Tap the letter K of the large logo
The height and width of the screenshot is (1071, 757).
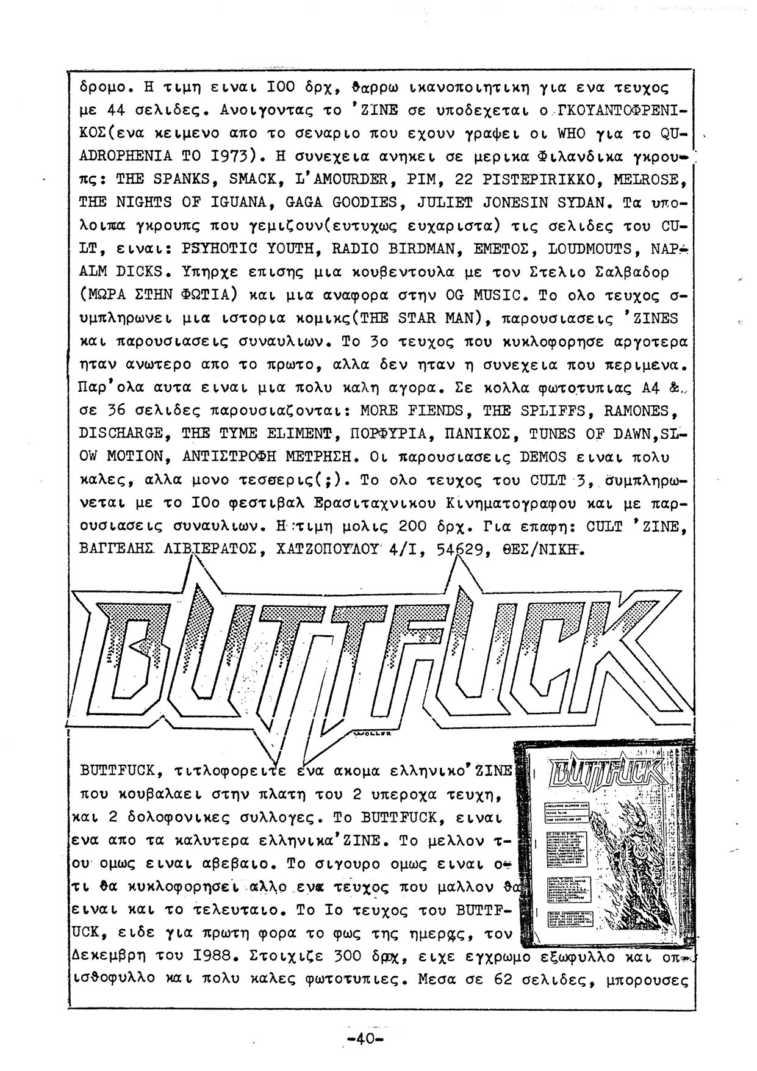pos(634,647)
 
